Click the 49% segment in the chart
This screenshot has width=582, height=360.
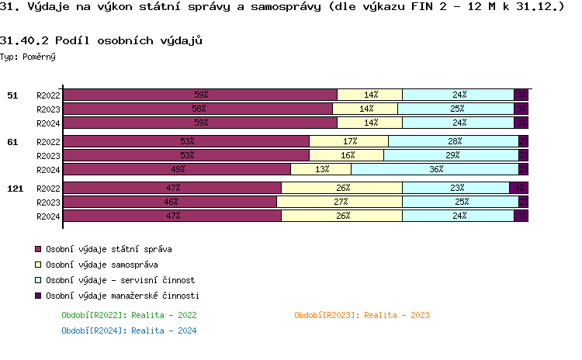tap(177, 170)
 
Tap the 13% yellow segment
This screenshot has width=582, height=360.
tap(320, 170)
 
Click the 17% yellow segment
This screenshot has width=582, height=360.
tap(348, 141)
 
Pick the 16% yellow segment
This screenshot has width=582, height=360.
tap(346, 155)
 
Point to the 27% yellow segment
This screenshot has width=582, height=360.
tap(339, 202)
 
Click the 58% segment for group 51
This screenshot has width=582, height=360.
tap(198, 109)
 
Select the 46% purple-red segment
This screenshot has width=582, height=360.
tap(170, 202)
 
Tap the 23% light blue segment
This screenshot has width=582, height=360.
tap(456, 188)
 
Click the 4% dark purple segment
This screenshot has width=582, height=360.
tap(518, 188)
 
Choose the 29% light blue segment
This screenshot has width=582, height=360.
tap(451, 155)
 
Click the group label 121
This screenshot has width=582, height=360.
tap(15, 189)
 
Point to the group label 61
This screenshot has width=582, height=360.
tap(12, 142)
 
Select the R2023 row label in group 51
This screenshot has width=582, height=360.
tap(48, 109)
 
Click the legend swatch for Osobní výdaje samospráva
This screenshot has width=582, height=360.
tap(36, 265)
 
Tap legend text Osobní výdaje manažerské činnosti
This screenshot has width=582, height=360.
tap(123, 296)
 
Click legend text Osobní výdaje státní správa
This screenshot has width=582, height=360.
tap(109, 250)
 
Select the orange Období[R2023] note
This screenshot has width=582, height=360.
tap(362, 315)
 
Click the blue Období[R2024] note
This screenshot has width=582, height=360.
tap(129, 331)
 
